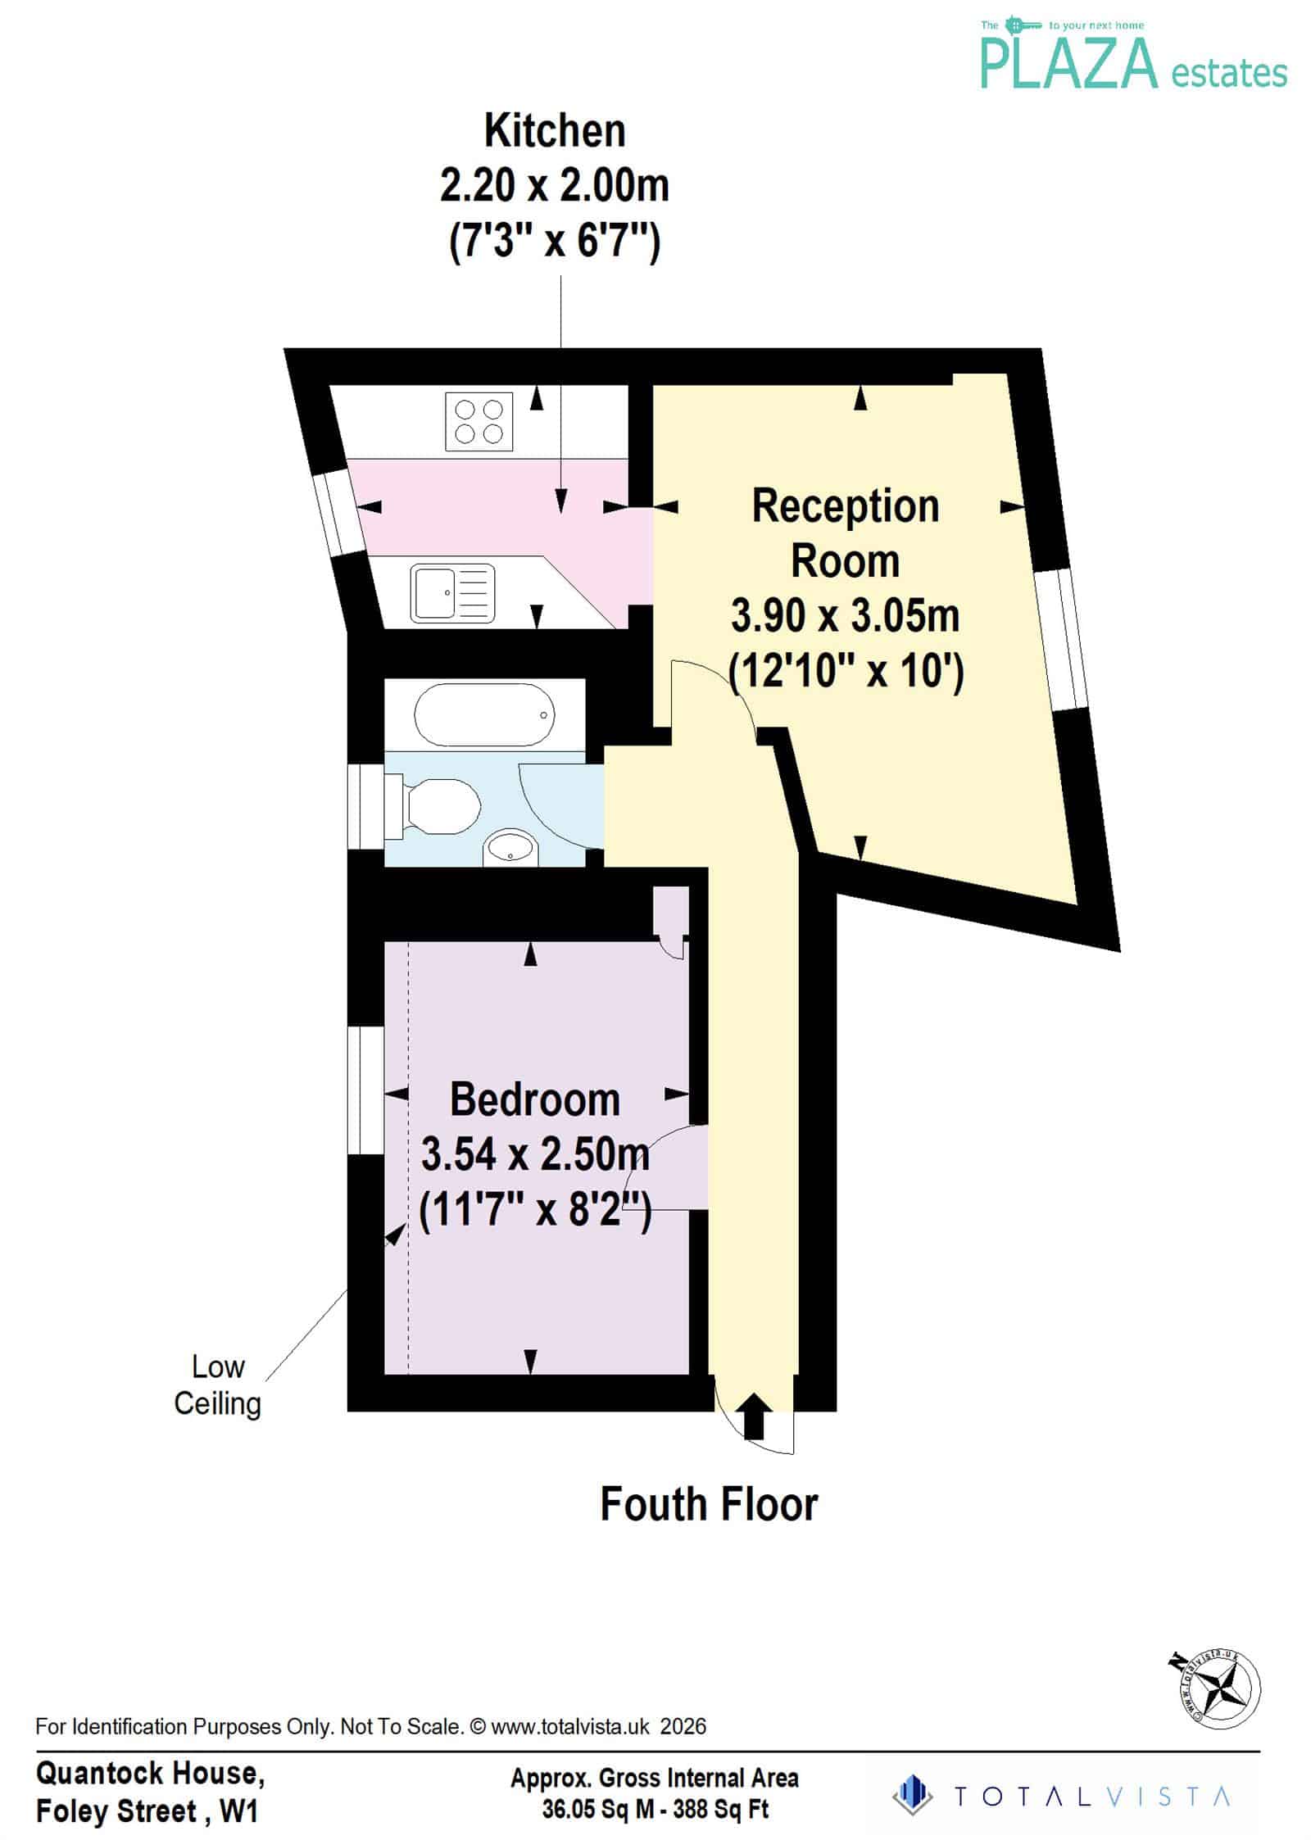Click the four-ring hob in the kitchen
pos(479,422)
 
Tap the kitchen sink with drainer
pos(453,591)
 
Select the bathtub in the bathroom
pos(484,715)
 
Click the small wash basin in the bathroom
pos(510,849)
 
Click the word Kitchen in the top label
pos(555,131)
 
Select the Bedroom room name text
pos(535,1100)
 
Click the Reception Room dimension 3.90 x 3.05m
pos(845,616)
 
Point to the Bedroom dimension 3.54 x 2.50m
pos(535,1155)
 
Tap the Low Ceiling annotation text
pos(218,1385)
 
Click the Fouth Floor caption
pos(710,1505)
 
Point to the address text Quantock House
pos(150,1774)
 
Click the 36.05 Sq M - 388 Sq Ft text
pos(655,1809)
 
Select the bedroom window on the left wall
pos(365,1090)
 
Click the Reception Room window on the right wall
pos(1060,639)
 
